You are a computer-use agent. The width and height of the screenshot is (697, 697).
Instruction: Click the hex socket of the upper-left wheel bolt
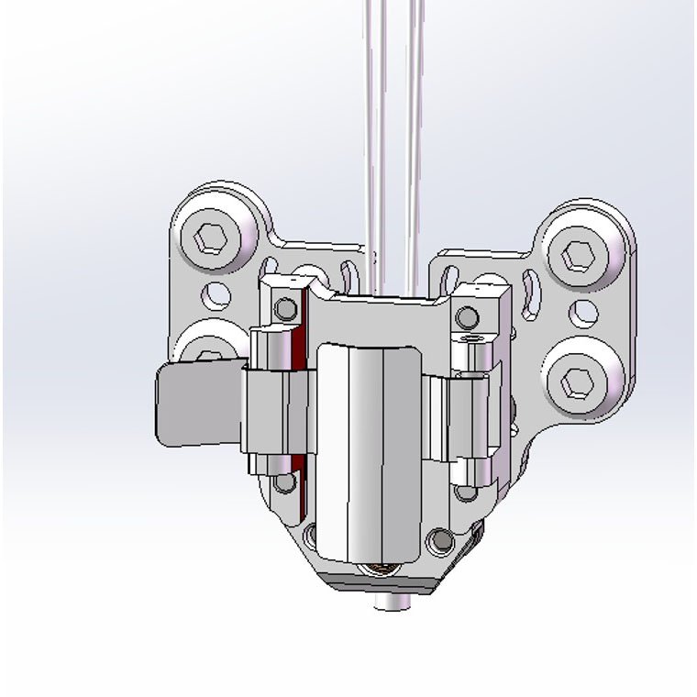212,238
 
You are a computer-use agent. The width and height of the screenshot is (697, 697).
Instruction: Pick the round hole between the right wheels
584,313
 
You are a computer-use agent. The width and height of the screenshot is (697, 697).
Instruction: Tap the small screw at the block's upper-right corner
467,317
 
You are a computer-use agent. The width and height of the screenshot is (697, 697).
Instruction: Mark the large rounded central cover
369,449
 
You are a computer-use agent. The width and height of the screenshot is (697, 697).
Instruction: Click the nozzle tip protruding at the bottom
393,603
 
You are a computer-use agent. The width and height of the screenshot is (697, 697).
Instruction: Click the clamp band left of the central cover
266,413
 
